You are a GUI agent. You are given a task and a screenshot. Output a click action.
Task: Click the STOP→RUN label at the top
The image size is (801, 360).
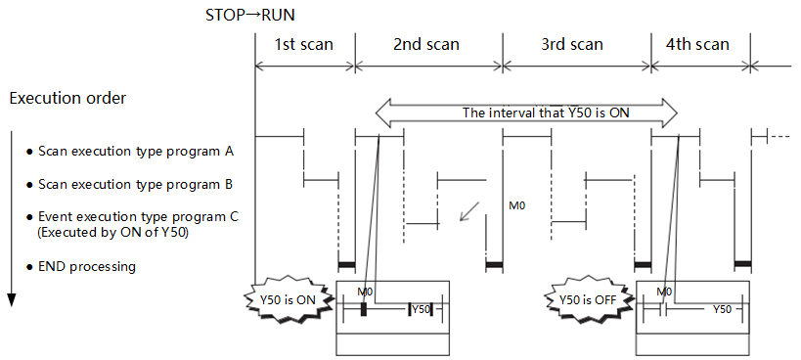(x=249, y=15)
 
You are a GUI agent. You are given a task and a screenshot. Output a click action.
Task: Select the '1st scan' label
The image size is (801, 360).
(x=304, y=44)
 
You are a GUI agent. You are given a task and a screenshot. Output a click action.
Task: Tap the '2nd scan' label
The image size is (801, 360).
(x=426, y=44)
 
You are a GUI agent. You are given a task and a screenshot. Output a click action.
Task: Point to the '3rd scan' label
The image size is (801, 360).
(x=572, y=44)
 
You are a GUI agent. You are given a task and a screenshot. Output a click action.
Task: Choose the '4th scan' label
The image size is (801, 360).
(x=697, y=44)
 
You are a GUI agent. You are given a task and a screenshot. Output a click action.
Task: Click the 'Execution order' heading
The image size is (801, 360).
(x=67, y=98)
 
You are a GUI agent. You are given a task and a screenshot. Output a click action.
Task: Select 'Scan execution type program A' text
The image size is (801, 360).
(x=136, y=152)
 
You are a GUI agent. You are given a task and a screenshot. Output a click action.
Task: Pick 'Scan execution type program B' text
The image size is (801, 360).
(x=136, y=184)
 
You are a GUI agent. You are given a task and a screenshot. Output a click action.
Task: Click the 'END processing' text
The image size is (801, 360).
(x=87, y=266)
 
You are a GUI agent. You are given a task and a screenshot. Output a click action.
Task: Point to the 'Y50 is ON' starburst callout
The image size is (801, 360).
(x=290, y=300)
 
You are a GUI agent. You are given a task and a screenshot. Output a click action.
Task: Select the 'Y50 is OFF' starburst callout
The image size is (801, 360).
(x=591, y=300)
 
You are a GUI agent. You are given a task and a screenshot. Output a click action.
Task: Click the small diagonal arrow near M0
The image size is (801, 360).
(x=469, y=211)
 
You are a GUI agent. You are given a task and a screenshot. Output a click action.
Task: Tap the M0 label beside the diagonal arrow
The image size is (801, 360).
(x=517, y=206)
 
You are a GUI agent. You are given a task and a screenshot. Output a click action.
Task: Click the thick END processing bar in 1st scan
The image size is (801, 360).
(x=346, y=264)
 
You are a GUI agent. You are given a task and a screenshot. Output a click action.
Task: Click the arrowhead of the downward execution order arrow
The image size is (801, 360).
(x=11, y=300)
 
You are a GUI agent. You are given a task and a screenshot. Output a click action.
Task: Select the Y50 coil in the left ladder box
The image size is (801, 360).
(x=421, y=309)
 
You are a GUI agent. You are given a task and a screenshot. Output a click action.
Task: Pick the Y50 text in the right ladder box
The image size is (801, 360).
(x=722, y=309)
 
